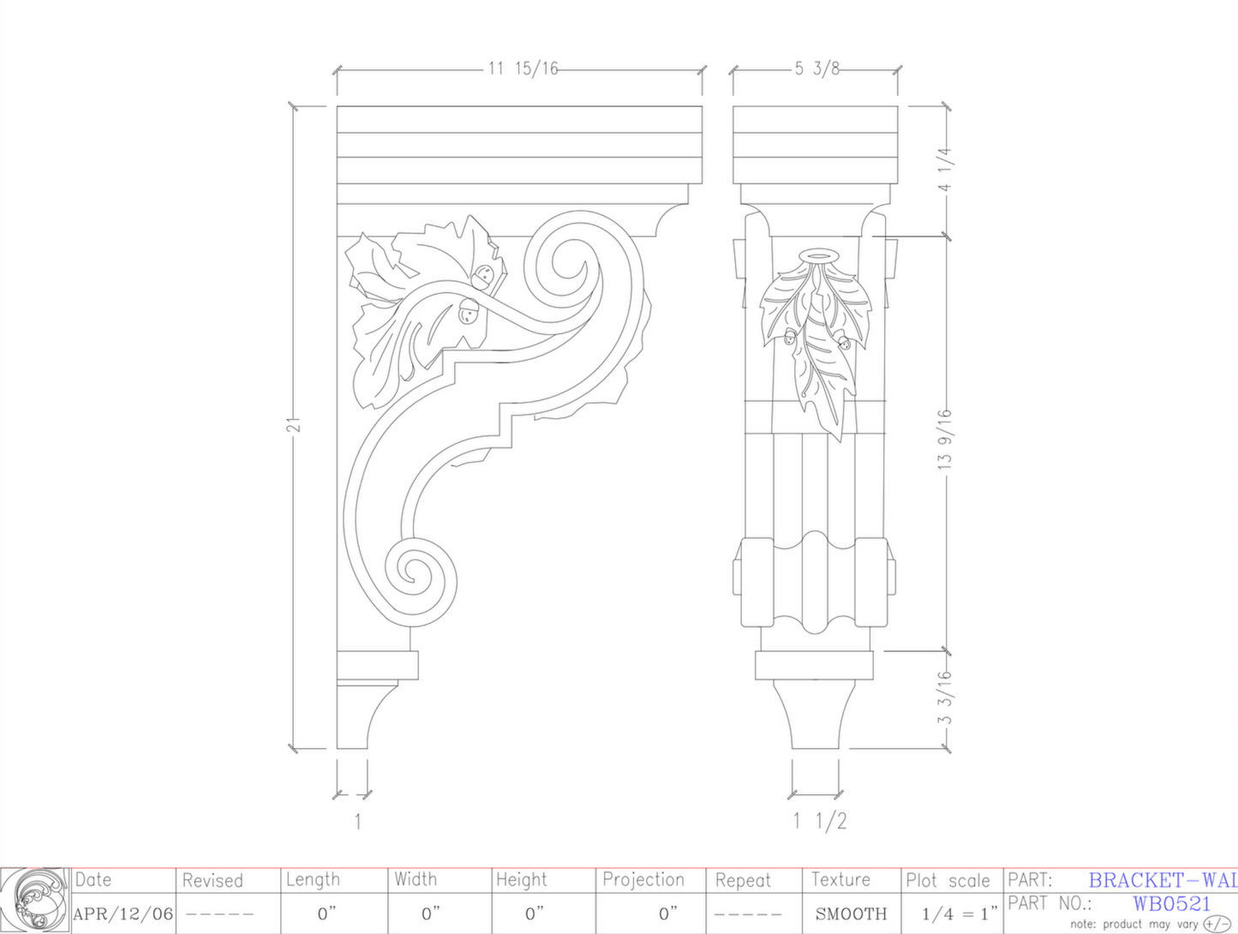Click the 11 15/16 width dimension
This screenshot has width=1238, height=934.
(x=523, y=69)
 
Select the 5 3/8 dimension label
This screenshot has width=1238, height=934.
(x=816, y=69)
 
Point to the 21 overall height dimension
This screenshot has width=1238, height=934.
(x=294, y=425)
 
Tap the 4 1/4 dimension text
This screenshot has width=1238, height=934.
(x=945, y=170)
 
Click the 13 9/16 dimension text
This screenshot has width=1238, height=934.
(x=945, y=439)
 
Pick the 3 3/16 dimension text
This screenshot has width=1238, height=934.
(x=945, y=697)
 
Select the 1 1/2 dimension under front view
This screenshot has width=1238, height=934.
(x=819, y=821)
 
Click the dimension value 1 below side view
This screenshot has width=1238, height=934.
(x=357, y=822)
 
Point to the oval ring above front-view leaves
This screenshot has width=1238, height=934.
(x=817, y=255)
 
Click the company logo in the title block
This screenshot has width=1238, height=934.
(x=34, y=900)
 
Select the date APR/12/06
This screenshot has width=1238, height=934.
(x=123, y=914)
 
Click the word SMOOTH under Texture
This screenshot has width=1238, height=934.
(x=851, y=914)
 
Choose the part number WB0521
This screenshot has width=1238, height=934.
(x=1171, y=904)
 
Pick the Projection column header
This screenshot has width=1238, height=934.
(x=643, y=880)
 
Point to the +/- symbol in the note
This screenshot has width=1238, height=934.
(x=1217, y=924)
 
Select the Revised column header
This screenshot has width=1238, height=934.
(x=212, y=880)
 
